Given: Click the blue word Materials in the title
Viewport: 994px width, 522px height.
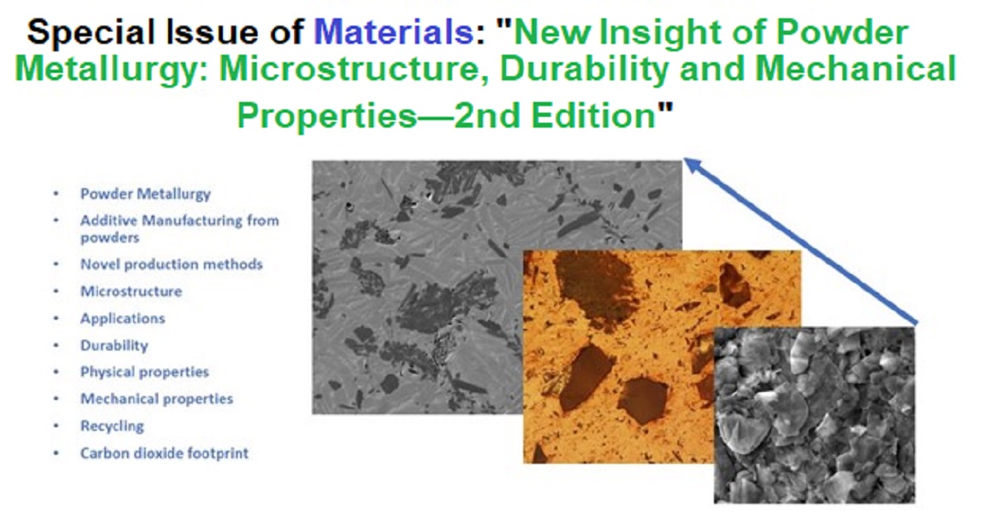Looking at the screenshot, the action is tap(393, 32).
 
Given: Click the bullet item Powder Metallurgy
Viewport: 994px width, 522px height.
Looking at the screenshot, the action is tap(145, 195).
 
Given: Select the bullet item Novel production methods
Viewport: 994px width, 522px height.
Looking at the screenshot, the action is tap(171, 264).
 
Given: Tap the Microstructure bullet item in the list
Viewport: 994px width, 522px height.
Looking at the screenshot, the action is tap(132, 292).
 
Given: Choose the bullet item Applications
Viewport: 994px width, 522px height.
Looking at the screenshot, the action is tap(123, 319).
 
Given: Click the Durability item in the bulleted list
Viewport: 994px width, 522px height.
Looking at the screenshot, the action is tap(114, 346).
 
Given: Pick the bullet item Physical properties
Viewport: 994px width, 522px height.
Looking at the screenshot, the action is tap(144, 372).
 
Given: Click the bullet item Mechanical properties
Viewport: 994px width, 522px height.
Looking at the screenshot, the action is tap(157, 399).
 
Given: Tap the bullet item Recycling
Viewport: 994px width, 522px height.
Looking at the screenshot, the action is tap(113, 427).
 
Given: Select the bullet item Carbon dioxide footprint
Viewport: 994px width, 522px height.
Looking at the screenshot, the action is tap(164, 453).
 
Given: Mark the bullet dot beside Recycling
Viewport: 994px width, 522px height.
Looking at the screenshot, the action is tap(56, 426).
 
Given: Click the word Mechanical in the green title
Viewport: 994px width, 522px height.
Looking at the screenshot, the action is tap(856, 70).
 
